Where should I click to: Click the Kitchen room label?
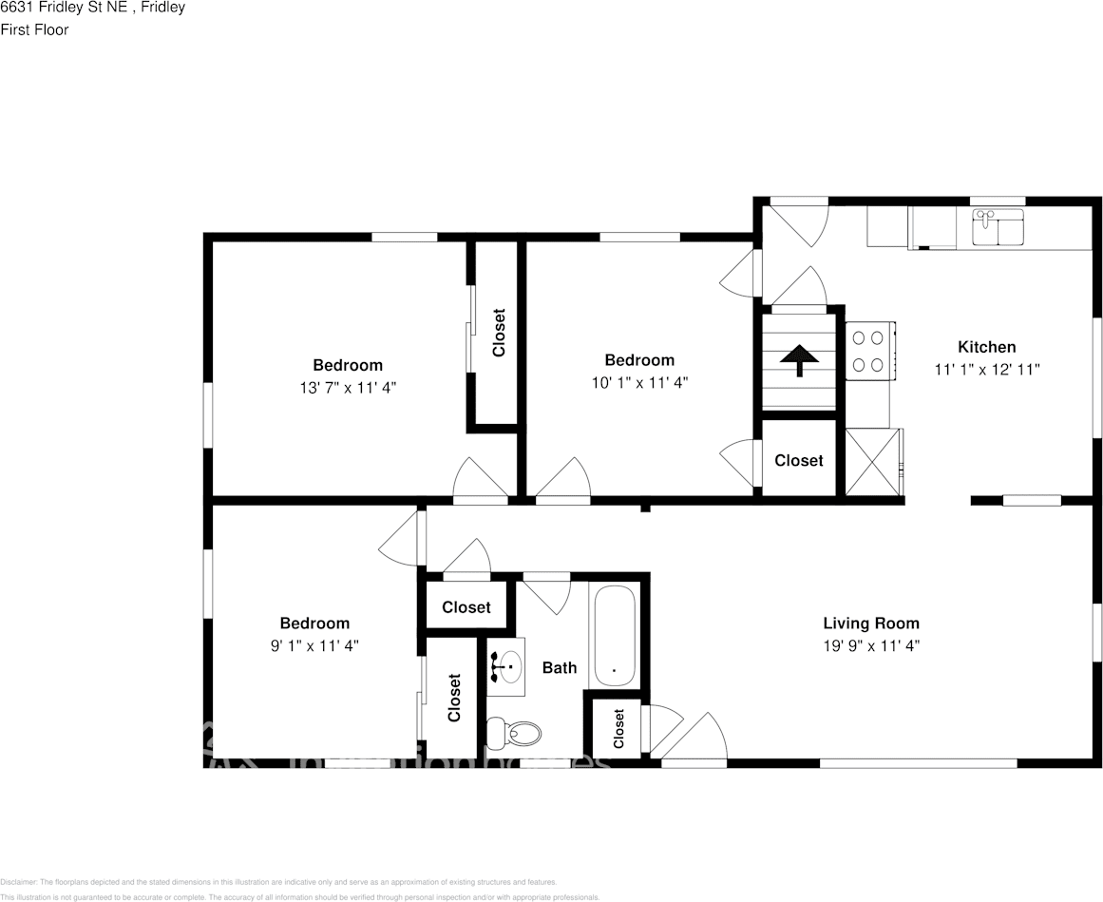pos(986,347)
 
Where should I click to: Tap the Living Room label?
pos(870,624)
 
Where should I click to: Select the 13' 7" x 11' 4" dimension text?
pos(348,388)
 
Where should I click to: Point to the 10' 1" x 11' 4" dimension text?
pos(639,383)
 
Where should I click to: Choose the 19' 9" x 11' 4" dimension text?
pos(870,646)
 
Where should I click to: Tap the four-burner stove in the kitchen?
pos(867,351)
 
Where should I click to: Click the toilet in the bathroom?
pos(514,733)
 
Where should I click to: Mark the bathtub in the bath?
pos(615,635)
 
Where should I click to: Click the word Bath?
pos(560,668)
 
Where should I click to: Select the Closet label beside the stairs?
pos(798,460)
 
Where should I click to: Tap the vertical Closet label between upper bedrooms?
pos(498,333)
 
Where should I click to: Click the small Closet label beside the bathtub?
pos(618,729)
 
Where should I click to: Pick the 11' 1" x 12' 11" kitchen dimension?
pos(986,370)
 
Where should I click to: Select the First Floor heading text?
pos(34,29)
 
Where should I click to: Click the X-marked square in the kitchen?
pos(872,461)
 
